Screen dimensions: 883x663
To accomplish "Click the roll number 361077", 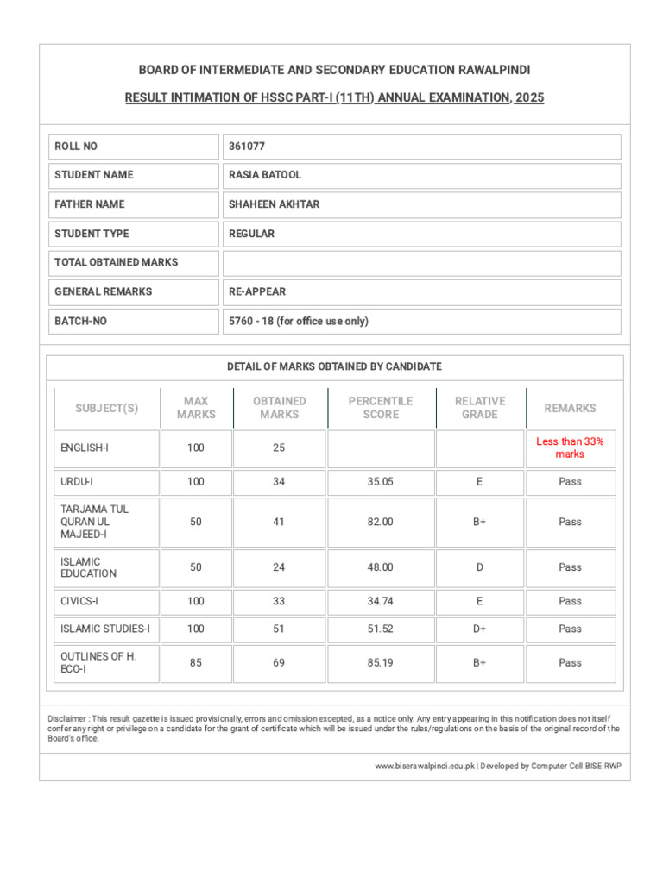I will coord(247,147).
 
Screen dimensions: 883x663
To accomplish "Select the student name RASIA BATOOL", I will coord(265,175).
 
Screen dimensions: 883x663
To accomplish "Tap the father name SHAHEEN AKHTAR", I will coord(274,204).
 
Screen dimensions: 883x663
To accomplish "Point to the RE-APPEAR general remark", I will coord(257,291).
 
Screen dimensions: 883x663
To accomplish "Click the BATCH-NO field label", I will coord(81,321).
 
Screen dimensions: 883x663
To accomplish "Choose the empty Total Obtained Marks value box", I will coord(421,263).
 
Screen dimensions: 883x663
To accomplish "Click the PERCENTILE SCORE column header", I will coord(381,408).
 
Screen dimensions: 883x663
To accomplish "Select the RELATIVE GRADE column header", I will coord(479,408).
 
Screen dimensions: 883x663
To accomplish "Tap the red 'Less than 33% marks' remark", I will coord(570,448).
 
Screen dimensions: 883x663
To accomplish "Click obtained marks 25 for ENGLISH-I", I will coord(279,448).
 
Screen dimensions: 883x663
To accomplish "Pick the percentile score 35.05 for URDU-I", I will coord(381,482).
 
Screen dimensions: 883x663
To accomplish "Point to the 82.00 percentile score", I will coord(381,522).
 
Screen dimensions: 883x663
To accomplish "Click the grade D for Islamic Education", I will coord(479,567).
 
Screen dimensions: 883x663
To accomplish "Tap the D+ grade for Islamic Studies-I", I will coord(479,629).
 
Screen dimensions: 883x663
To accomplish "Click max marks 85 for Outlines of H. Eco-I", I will coord(196,663).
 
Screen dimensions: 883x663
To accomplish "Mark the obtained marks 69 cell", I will coord(279,663).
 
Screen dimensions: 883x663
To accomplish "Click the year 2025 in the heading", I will coord(529,98).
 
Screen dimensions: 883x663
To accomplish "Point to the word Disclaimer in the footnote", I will coord(66,718).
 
